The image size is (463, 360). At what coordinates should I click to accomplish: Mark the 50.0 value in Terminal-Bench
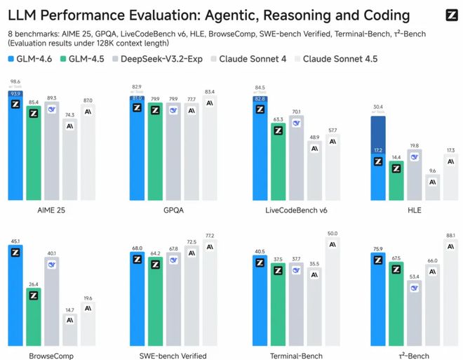(x=333, y=233)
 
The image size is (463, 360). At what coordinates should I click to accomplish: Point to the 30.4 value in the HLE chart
(x=378, y=107)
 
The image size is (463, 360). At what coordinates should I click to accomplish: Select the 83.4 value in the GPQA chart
(x=209, y=92)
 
